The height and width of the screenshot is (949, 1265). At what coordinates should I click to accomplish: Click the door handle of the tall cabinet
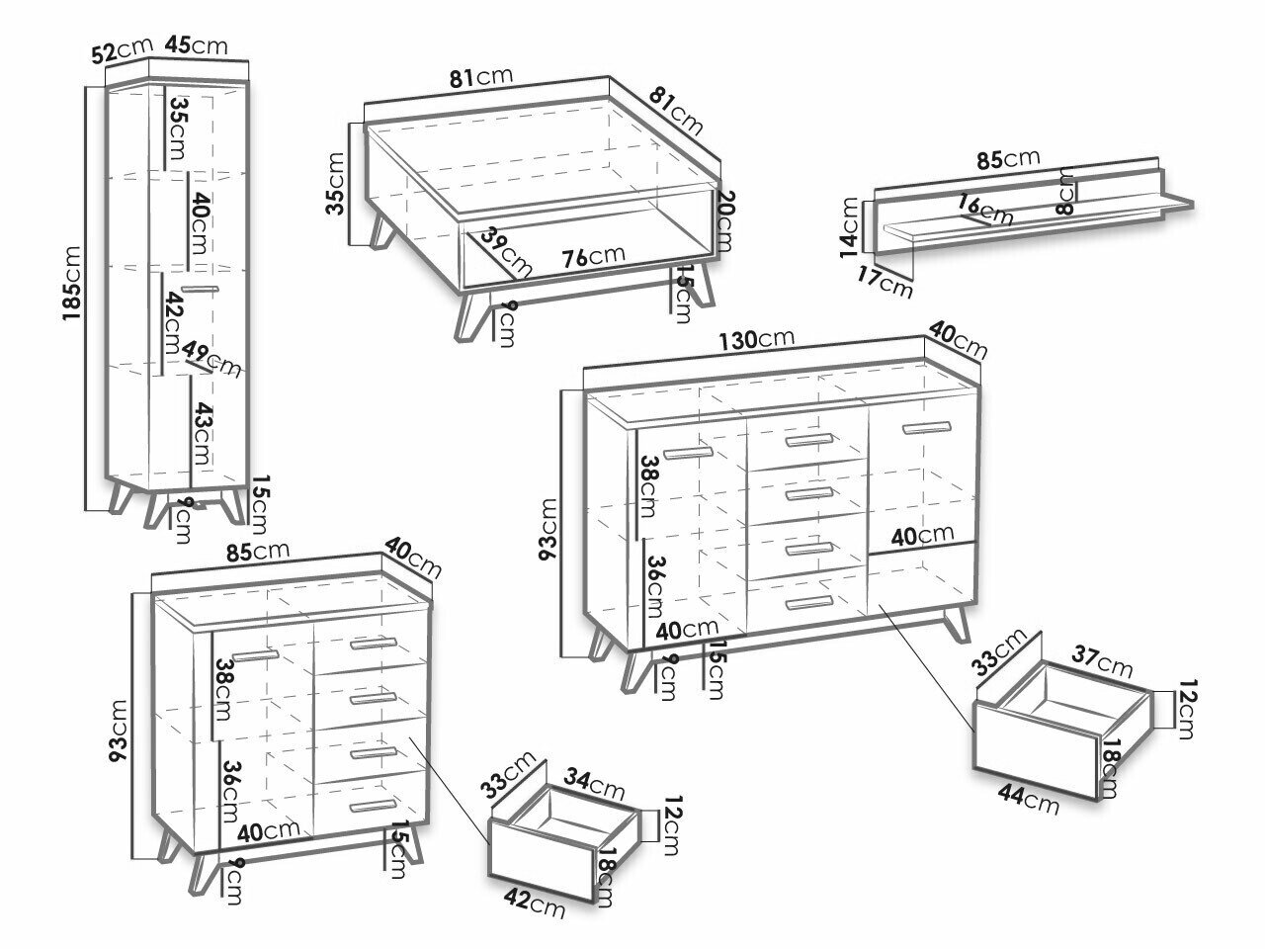point(199,289)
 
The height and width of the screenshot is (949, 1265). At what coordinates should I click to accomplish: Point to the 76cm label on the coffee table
point(593,256)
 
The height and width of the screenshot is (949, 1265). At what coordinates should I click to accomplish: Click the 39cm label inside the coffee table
point(506,254)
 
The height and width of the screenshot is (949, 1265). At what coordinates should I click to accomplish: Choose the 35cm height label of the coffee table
point(336,184)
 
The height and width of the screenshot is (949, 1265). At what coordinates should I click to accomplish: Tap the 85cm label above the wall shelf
point(1007,158)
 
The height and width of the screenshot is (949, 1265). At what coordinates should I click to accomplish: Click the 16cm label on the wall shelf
point(983,210)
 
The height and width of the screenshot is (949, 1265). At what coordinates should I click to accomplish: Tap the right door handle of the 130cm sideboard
point(925,428)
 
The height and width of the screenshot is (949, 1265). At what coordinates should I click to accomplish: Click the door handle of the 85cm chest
point(256,656)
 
